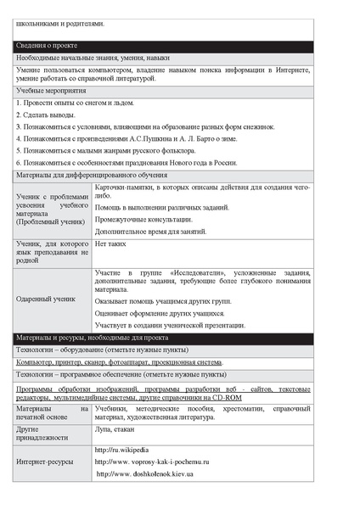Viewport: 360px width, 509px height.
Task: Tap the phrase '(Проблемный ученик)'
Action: (50, 221)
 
